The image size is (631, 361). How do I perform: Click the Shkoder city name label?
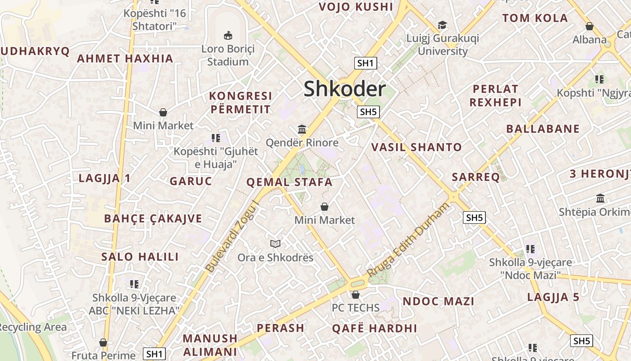(344, 89)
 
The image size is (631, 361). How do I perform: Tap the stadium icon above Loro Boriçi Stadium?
(228, 35)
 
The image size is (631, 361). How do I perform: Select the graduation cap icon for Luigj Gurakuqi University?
(443, 25)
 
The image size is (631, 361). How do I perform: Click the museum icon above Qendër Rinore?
(302, 130)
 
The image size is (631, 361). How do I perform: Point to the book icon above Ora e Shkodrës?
(275, 244)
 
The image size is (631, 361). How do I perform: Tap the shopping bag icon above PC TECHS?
(356, 295)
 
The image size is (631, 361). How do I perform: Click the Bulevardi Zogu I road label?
(233, 236)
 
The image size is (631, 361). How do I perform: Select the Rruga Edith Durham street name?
(408, 240)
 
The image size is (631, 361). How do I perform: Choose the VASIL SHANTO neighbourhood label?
(416, 147)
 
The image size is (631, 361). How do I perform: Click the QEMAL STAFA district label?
(289, 182)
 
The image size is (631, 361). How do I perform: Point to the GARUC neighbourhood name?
(191, 181)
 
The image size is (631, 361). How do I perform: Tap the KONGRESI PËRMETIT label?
(240, 102)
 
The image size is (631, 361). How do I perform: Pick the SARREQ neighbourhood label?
(476, 177)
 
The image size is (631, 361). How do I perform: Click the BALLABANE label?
(543, 129)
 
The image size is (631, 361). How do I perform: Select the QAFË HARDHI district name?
(375, 329)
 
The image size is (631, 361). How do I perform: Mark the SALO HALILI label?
(140, 257)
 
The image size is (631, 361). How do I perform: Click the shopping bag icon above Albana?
(589, 26)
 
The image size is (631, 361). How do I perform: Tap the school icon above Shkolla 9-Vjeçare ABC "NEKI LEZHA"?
(134, 284)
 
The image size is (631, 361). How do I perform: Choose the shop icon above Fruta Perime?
(103, 342)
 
